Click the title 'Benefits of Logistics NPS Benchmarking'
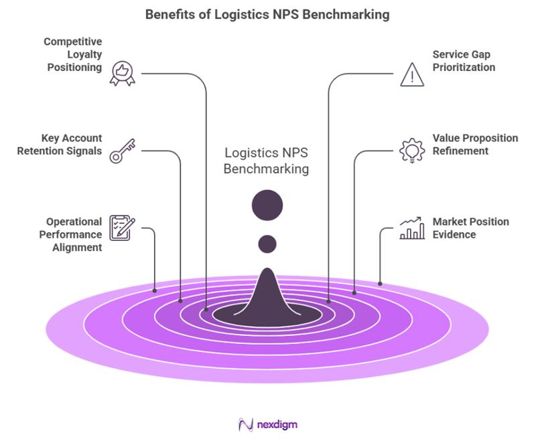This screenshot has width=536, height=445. (x=267, y=14)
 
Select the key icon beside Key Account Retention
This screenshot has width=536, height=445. (x=123, y=151)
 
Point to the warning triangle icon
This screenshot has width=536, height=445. (x=411, y=74)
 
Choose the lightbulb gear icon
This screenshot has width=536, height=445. (x=411, y=151)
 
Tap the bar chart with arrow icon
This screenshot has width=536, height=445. (x=411, y=228)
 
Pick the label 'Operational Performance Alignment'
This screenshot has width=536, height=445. (x=74, y=234)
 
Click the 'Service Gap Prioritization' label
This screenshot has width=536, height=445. (x=464, y=61)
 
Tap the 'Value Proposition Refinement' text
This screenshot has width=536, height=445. (x=474, y=145)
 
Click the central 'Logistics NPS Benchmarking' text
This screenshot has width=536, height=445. (x=266, y=161)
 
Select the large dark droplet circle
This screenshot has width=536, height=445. (x=267, y=205)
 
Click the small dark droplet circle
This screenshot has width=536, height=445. (x=267, y=244)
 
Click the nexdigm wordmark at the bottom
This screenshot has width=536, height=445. (x=268, y=424)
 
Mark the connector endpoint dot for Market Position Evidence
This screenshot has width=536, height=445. (x=380, y=284)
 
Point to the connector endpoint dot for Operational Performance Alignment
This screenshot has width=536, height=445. (x=155, y=290)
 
